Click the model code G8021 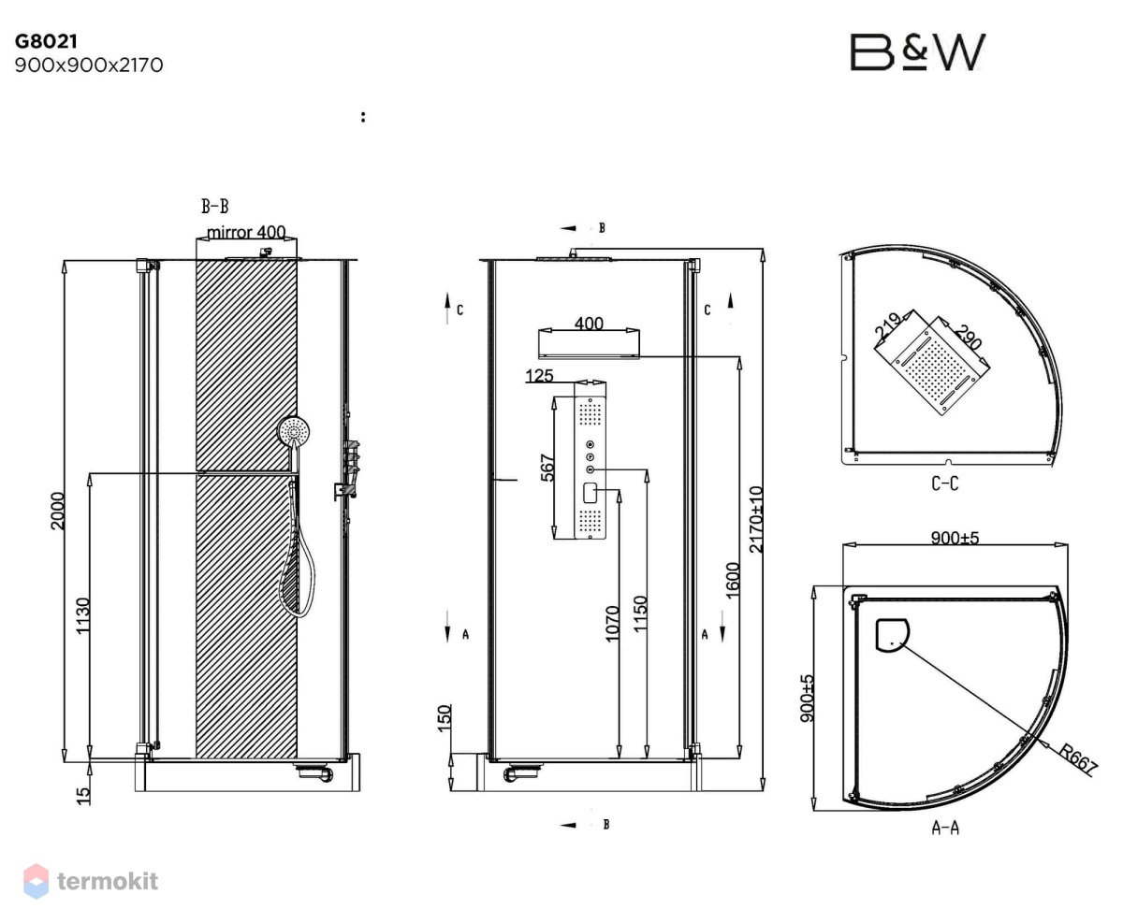(x=47, y=41)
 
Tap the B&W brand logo (x=917, y=52)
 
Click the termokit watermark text (x=108, y=882)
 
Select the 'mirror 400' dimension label (x=246, y=232)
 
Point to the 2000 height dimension (x=57, y=511)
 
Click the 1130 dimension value (x=83, y=615)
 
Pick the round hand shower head (x=294, y=430)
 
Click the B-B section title (x=214, y=207)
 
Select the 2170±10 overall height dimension (x=755, y=519)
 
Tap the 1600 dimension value (x=733, y=581)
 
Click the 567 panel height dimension (x=547, y=468)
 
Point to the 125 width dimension (x=539, y=376)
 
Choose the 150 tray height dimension (x=445, y=718)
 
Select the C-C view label (x=944, y=483)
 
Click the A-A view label (x=945, y=828)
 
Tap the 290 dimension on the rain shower (x=969, y=338)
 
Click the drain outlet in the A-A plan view (x=892, y=634)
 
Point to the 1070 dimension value (x=612, y=624)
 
